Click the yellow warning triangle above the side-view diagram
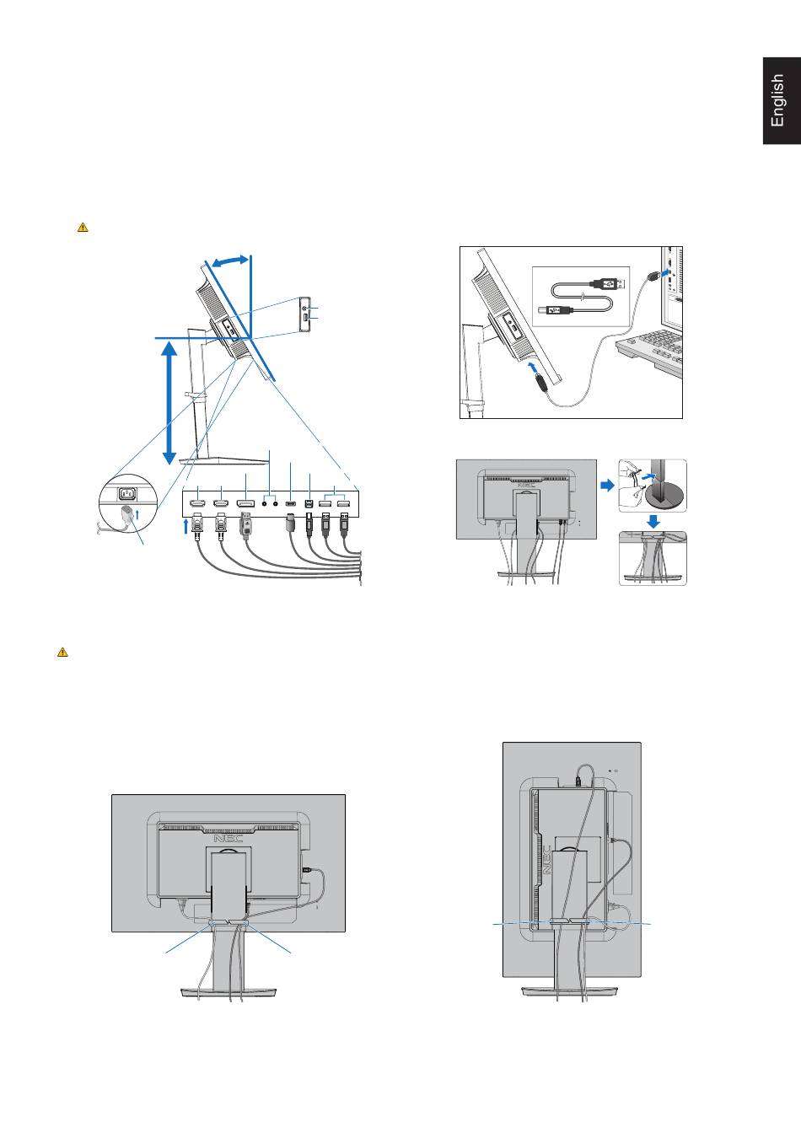point(83,227)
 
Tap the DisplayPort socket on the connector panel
point(246,504)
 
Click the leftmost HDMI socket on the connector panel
point(197,504)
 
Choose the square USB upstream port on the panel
point(309,504)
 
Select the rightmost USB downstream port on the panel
point(345,504)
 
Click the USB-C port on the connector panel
point(290,504)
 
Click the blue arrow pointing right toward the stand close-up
point(607,486)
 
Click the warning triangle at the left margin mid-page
point(62,652)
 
